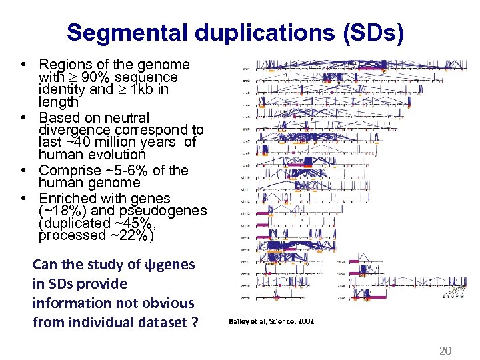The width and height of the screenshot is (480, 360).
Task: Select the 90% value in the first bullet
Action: coord(88,77)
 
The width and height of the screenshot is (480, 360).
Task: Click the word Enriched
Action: coord(67,199)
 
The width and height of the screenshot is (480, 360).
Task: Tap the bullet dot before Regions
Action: coord(23,65)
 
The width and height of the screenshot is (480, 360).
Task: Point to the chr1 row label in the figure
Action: coord(246,68)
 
